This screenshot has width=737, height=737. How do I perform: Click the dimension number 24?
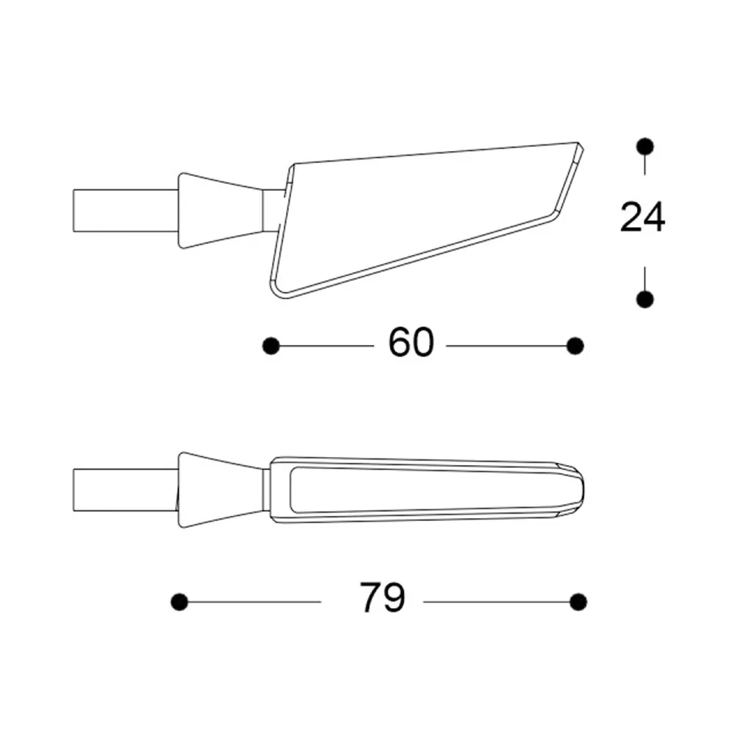[643, 218]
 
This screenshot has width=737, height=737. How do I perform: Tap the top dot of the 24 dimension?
[645, 146]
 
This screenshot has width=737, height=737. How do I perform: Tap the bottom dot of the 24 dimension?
[645, 298]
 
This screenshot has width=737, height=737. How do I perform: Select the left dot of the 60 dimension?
[271, 345]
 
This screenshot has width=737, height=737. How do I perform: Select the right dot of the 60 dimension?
[576, 345]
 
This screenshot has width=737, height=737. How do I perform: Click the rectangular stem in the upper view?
[124, 210]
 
